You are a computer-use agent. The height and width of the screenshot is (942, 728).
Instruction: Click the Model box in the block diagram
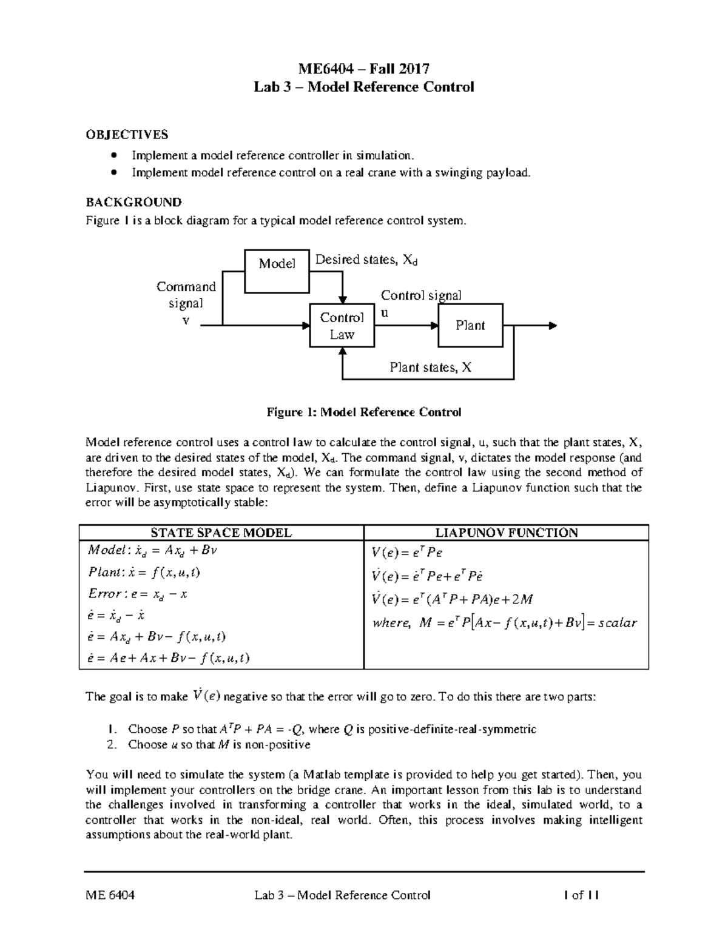click(277, 263)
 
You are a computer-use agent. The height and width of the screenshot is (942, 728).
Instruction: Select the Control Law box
click(342, 326)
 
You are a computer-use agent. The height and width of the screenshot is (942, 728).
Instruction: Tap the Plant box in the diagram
click(470, 325)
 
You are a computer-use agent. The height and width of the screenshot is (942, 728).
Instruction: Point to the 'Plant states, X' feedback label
click(430, 367)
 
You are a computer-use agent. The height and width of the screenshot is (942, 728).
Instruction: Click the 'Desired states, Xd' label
click(366, 260)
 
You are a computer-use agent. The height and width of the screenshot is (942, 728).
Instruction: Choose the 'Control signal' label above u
click(421, 295)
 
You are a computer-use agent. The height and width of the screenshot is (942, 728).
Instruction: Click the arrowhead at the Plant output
click(551, 326)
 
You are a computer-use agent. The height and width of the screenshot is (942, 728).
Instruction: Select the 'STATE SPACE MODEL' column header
click(221, 533)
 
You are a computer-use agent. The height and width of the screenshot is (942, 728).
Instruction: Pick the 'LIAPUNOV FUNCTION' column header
click(506, 533)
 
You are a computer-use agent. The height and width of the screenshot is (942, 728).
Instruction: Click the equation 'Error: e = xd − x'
click(138, 594)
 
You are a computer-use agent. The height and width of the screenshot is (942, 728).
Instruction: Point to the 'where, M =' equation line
click(504, 623)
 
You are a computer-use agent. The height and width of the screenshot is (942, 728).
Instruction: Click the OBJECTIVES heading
click(127, 134)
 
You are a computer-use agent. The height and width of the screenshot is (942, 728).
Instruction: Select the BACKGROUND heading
click(133, 202)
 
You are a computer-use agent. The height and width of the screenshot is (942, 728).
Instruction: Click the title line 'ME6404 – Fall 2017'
click(363, 69)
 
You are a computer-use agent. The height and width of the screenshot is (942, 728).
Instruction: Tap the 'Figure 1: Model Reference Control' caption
click(364, 412)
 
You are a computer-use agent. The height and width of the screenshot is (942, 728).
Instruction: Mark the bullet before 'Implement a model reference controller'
click(113, 156)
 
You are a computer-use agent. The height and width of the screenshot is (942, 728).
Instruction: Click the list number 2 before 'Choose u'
click(111, 744)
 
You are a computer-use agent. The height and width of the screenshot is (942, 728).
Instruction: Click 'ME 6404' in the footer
click(110, 895)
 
